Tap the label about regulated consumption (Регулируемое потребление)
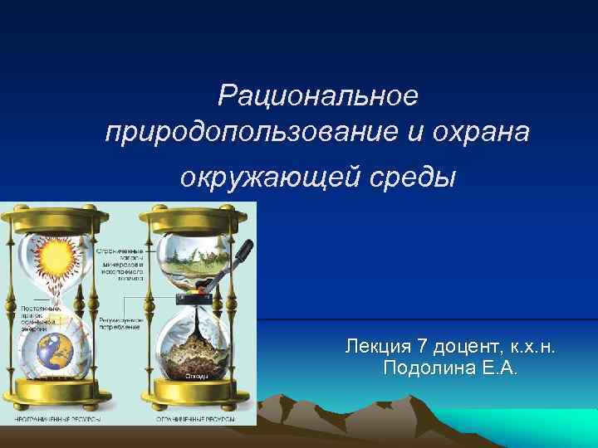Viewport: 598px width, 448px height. tap(121, 322)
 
